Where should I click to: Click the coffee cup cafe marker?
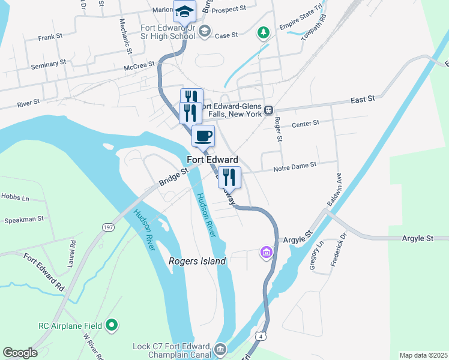(203, 136)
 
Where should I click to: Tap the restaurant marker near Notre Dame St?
(229, 176)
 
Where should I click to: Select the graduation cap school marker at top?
(184, 10)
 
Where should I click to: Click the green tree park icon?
(263, 32)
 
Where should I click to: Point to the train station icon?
(269, 110)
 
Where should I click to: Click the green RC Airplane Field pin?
(111, 325)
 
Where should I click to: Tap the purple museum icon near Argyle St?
(266, 253)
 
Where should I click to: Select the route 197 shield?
(108, 227)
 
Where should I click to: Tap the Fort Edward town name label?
(212, 160)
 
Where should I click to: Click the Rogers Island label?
(197, 261)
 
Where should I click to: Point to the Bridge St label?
(174, 176)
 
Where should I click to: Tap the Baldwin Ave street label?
(334, 190)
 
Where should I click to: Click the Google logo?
(20, 353)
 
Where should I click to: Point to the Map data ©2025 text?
(423, 355)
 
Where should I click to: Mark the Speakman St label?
(24, 220)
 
